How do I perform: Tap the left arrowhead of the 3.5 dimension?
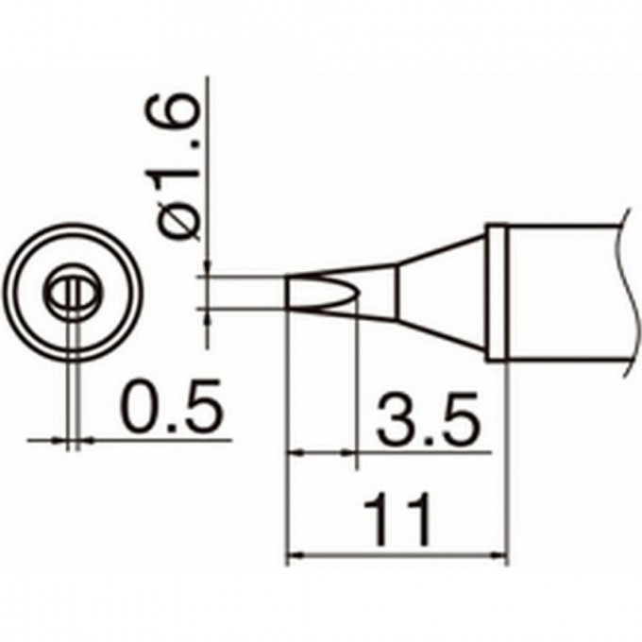pos(294,454)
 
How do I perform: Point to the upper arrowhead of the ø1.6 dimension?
pos(206,269)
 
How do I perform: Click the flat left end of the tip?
pos(286,293)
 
